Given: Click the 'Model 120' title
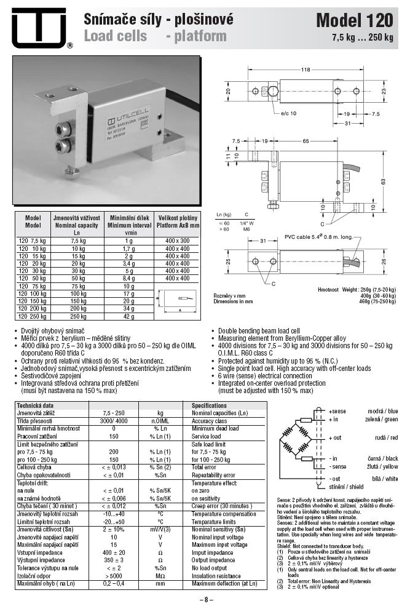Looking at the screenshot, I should click(354, 20).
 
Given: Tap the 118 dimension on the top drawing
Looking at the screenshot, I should click(305, 70).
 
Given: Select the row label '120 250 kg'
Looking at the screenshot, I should click(32, 316).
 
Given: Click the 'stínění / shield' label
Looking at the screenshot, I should click(350, 486).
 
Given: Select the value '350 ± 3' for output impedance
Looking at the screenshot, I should click(114, 560).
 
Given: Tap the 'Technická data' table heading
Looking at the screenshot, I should click(35, 406).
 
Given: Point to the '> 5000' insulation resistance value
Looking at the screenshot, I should click(114, 575).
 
